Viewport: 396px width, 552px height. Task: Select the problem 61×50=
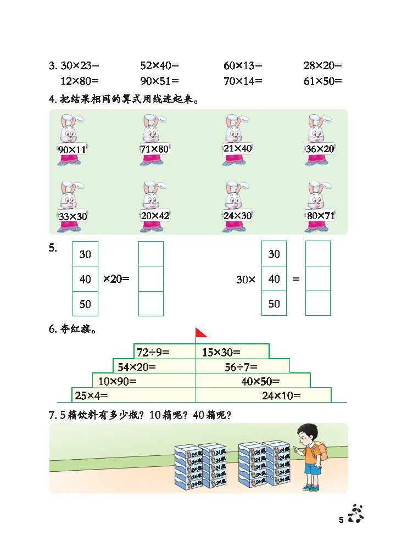point(322,81)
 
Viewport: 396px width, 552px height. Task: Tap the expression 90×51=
point(159,81)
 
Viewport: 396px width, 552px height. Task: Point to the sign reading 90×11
point(72,149)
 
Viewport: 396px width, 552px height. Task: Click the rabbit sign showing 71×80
point(154,149)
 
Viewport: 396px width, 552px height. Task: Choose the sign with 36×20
point(320,148)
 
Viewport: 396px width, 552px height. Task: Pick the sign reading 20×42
point(155,215)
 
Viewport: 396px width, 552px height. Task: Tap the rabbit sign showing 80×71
point(320,215)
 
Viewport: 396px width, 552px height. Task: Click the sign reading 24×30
point(237,215)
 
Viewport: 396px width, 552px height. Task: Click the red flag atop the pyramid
point(200,333)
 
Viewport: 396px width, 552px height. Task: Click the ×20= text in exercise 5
point(116,279)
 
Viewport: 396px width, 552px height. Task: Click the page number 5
point(341,520)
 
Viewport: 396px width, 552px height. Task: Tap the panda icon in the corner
point(357,514)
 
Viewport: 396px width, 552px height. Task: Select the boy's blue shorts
point(313,469)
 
